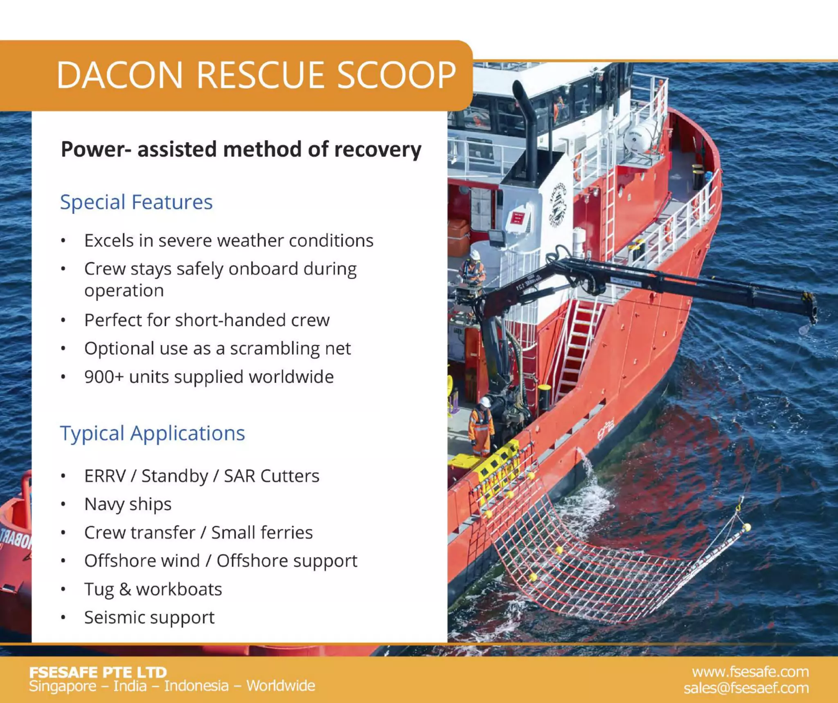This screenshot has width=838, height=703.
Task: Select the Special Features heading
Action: tap(136, 202)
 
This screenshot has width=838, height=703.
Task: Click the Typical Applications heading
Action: tap(152, 433)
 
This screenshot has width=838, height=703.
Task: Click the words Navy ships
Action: tap(128, 504)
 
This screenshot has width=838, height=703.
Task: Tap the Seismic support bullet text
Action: tap(149, 618)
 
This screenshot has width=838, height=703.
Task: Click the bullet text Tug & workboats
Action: tap(153, 589)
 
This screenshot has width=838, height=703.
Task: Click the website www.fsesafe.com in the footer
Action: tap(750, 672)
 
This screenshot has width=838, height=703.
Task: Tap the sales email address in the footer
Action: tap(746, 688)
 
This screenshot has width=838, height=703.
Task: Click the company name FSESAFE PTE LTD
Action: tap(98, 672)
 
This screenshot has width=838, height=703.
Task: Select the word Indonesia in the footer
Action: tap(196, 686)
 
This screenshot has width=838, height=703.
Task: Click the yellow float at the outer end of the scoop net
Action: tap(747, 527)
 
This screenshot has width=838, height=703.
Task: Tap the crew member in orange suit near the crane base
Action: tap(481, 427)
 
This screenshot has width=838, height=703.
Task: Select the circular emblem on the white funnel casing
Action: tap(558, 204)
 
